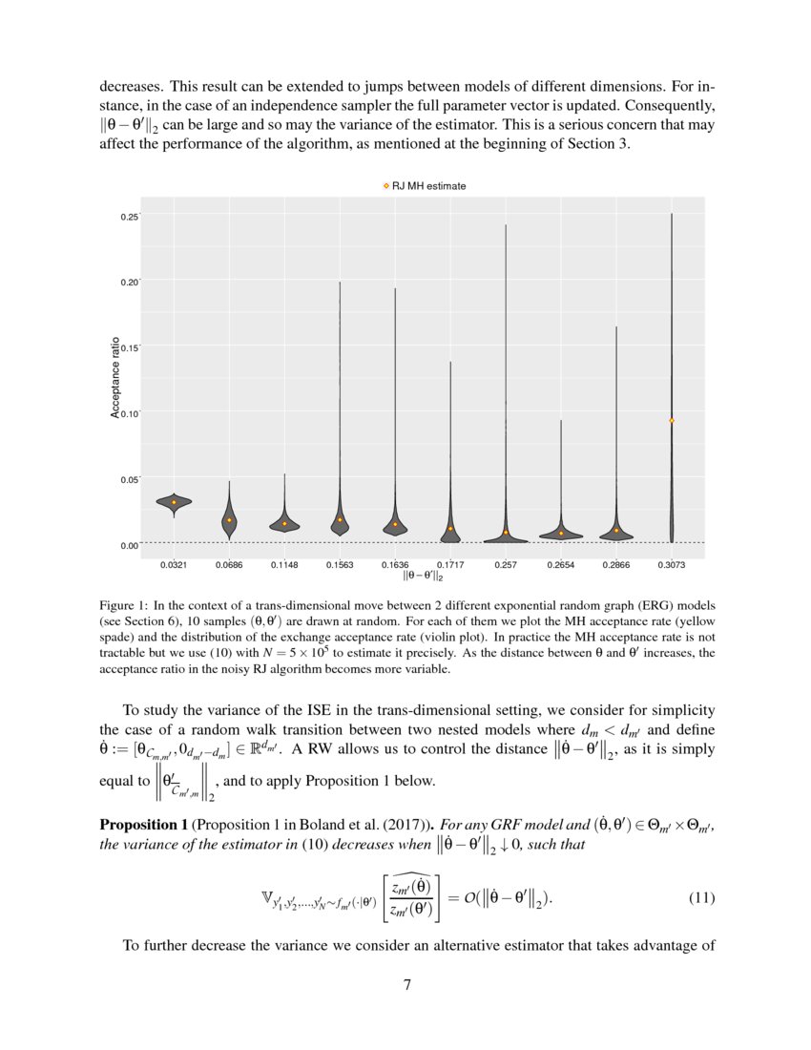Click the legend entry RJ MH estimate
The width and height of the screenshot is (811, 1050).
click(x=424, y=186)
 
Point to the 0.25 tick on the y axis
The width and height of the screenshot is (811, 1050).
click(x=129, y=217)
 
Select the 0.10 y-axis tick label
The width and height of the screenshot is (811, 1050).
click(x=129, y=412)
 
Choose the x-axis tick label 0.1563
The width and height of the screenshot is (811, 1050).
click(x=340, y=565)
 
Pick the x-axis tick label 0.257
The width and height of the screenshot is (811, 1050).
click(x=506, y=565)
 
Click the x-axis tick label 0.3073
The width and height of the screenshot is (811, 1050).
click(x=672, y=565)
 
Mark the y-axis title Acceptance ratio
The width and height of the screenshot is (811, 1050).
click(x=115, y=377)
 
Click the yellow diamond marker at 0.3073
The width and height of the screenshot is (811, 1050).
click(x=672, y=420)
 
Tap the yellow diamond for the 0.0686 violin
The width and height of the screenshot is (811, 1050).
click(x=229, y=520)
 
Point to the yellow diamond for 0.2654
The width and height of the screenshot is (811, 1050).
click(x=561, y=533)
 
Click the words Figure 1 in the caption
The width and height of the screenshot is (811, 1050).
click(x=123, y=606)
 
